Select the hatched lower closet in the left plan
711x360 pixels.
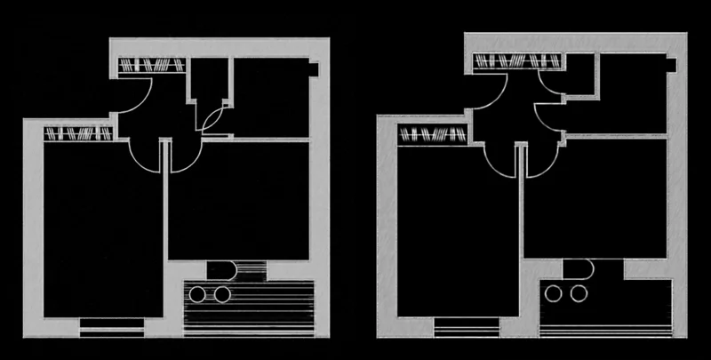(x=78, y=134)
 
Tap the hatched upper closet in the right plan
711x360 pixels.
(x=517, y=61)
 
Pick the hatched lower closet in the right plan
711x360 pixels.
(x=433, y=134)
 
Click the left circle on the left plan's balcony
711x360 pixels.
(x=197, y=292)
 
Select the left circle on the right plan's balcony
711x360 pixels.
(x=555, y=292)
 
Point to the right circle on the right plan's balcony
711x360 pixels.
(x=579, y=292)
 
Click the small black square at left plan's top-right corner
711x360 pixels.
(x=314, y=68)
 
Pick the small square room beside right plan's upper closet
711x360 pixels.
(x=580, y=73)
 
